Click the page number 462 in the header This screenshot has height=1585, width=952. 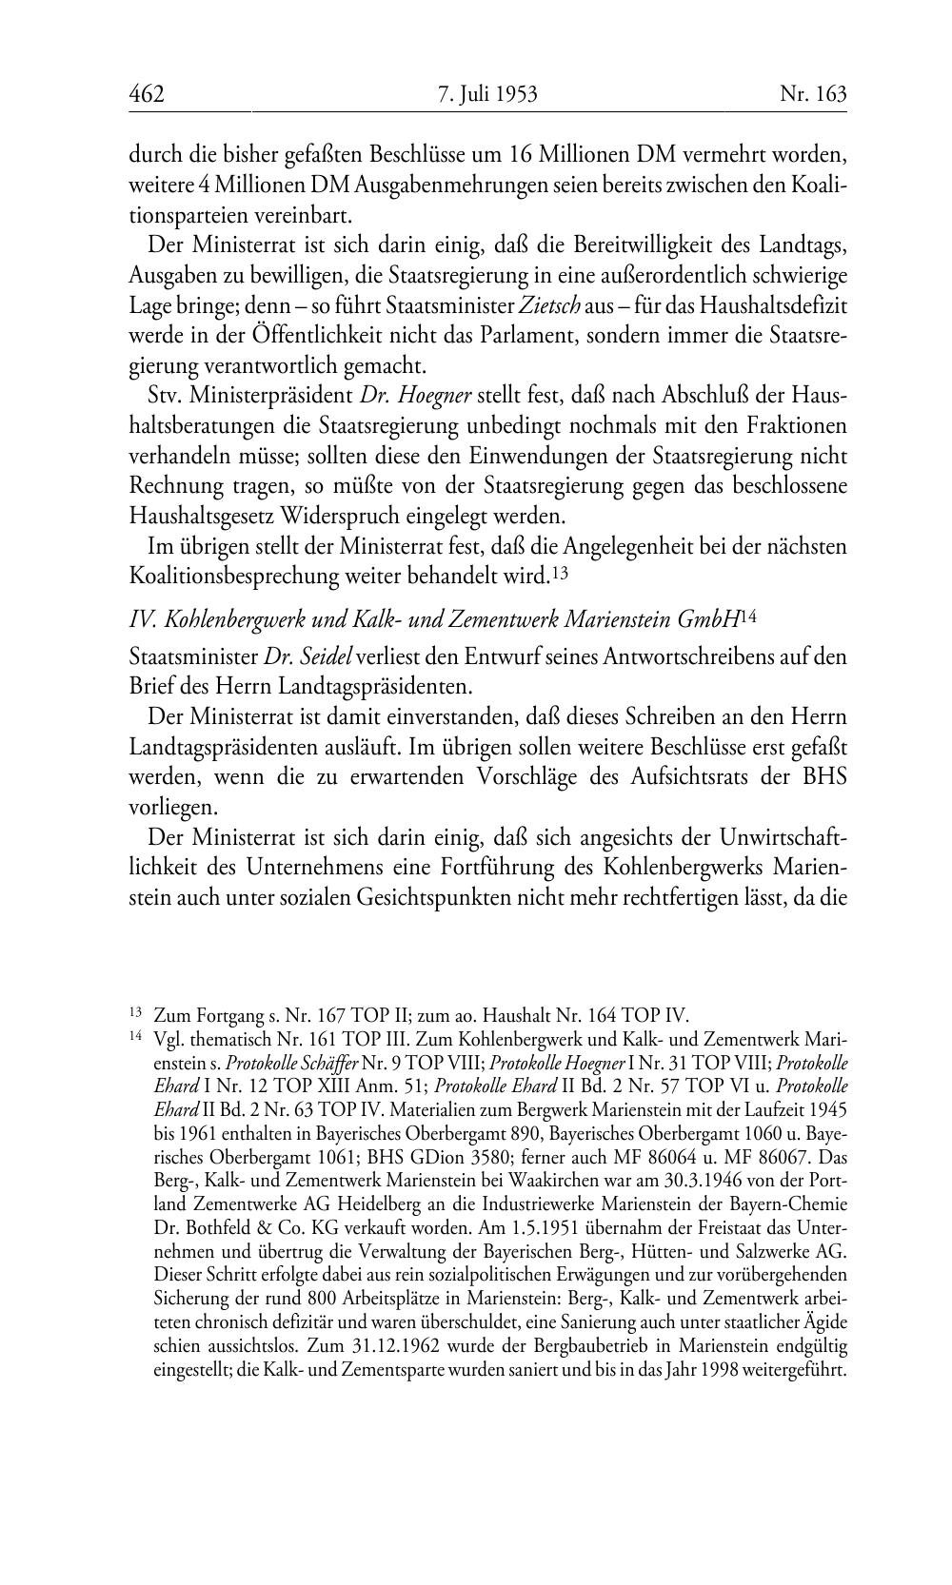pyautogui.click(x=147, y=94)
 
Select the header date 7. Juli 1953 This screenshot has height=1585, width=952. pyautogui.click(x=487, y=94)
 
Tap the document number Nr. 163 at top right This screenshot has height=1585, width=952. pyautogui.click(x=813, y=94)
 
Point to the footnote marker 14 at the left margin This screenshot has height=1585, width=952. pyautogui.click(x=135, y=1037)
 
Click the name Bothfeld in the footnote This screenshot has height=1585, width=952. pyautogui.click(x=214, y=1228)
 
